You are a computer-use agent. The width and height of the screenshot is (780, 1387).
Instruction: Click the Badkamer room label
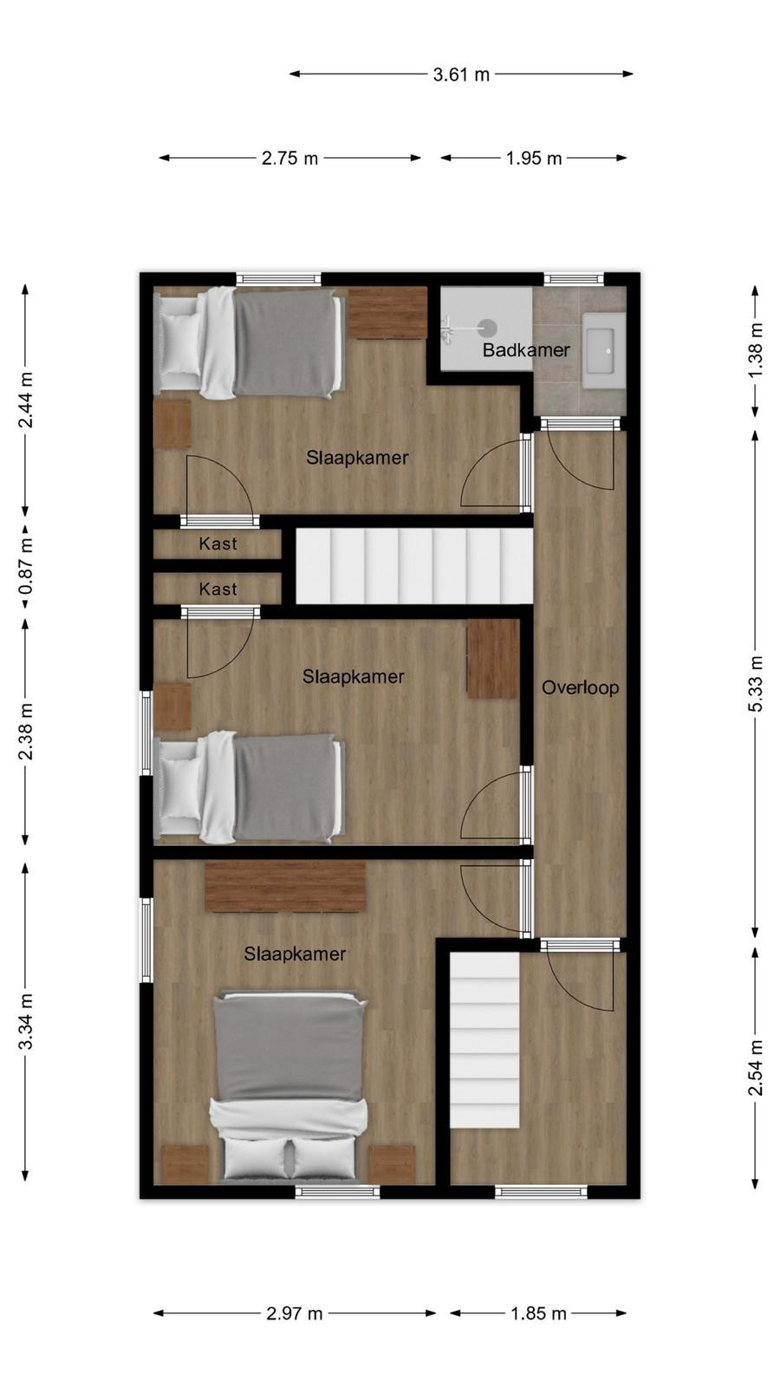[526, 350]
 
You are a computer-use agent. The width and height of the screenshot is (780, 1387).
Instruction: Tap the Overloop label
[580, 688]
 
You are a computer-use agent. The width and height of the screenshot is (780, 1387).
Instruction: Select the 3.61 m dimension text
[461, 75]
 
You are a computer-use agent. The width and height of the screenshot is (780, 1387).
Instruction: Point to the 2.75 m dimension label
[289, 159]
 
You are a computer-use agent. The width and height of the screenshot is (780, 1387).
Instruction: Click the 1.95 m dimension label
[534, 159]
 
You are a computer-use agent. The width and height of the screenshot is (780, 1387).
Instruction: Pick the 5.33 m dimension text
[756, 684]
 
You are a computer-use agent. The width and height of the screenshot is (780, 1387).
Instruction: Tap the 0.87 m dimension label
[25, 566]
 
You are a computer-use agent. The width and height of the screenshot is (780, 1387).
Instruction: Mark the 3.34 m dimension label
[25, 1022]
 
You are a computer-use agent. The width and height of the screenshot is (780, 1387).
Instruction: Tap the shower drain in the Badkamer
[488, 327]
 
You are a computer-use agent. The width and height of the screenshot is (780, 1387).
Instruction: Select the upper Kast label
[218, 544]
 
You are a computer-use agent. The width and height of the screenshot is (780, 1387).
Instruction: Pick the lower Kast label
[218, 589]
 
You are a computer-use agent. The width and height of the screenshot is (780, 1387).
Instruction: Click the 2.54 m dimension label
[756, 1067]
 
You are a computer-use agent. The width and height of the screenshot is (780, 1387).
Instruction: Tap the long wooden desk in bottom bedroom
[285, 887]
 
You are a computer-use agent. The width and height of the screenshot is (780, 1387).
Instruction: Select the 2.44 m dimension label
[25, 400]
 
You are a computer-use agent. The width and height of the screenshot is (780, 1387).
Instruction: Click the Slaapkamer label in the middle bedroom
[353, 677]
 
